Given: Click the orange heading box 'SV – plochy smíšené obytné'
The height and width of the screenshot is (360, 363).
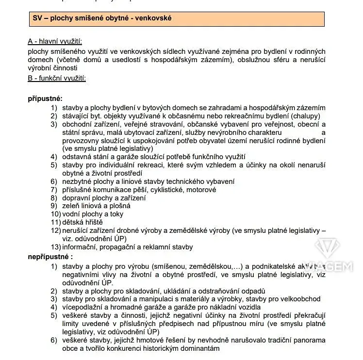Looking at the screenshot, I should point(176,19).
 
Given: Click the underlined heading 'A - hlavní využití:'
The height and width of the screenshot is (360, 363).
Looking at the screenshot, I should point(58,42).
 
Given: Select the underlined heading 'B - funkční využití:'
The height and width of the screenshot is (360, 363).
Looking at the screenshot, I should point(57,78).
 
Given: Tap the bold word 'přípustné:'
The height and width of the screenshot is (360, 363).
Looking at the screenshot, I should point(45,98).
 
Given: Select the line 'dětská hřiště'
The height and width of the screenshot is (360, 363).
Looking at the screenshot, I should point(82,222).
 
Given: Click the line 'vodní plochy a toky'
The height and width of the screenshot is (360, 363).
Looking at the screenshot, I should point(93,214).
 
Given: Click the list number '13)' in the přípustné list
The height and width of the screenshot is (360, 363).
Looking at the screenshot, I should point(55,247).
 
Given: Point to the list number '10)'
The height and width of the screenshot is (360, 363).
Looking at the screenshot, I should point(55,214).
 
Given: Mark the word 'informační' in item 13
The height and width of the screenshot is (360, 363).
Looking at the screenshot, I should point(81,247).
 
